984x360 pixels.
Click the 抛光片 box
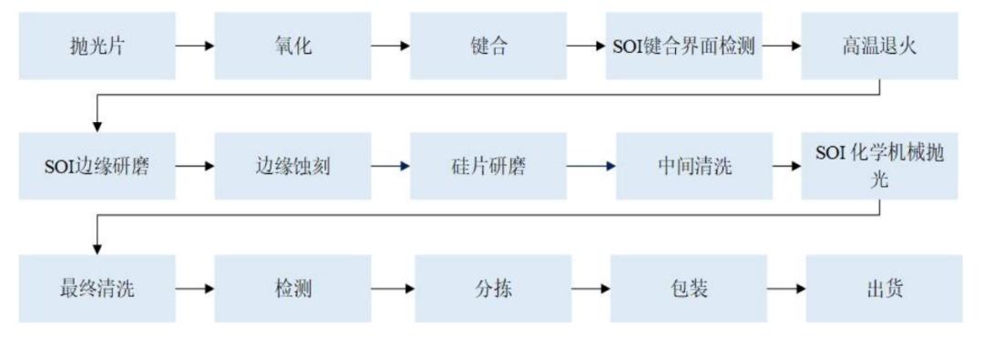[97, 46]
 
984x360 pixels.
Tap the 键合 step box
[488, 46]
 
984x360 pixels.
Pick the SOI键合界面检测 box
[684, 46]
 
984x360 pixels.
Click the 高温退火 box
[879, 46]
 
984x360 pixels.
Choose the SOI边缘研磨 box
[97, 167]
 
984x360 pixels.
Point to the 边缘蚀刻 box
[293, 167]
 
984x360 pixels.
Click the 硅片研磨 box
[488, 167]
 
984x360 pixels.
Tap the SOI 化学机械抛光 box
[879, 167]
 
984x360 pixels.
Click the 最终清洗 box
[97, 289]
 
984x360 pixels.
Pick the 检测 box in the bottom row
[293, 289]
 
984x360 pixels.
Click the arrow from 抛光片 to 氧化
[195, 46]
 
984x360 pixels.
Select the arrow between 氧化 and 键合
[391, 46]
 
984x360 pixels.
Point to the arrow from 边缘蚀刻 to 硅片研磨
[391, 167]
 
